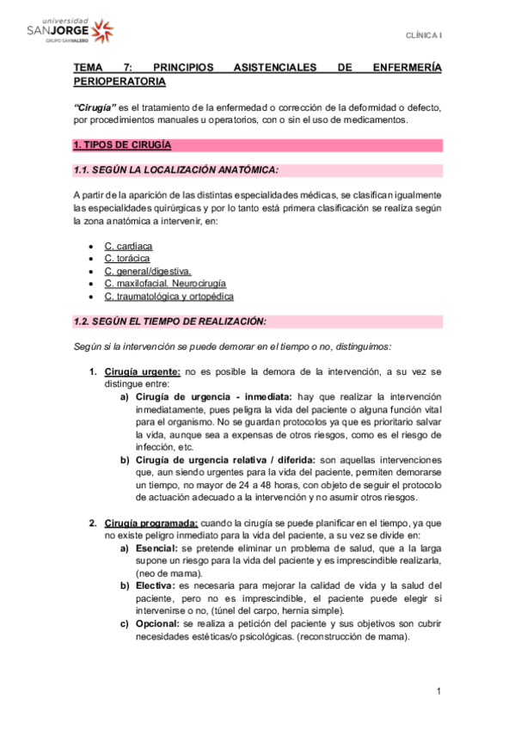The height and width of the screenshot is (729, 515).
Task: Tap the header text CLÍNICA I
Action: click(x=425, y=35)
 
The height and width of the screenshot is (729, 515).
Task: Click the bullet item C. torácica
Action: click(x=127, y=259)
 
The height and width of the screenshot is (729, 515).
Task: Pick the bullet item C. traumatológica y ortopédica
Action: click(x=169, y=297)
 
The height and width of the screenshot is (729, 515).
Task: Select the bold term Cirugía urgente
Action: click(x=143, y=371)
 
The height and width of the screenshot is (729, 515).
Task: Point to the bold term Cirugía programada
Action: click(x=151, y=523)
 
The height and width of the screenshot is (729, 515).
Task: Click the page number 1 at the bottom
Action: click(x=438, y=691)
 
